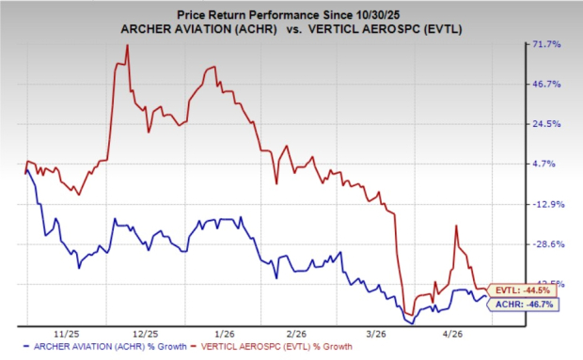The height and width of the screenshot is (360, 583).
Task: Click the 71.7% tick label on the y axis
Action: coord(548,44)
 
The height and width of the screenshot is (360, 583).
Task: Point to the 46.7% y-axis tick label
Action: coord(548,84)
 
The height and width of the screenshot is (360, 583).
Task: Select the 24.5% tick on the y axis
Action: coord(548,124)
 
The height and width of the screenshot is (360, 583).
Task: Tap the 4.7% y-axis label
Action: coord(550,164)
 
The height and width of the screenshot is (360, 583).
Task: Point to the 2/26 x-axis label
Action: coord(298,333)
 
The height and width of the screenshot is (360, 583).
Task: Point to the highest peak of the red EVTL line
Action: coord(127,45)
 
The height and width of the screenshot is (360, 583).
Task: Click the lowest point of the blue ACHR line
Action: coord(410,322)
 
